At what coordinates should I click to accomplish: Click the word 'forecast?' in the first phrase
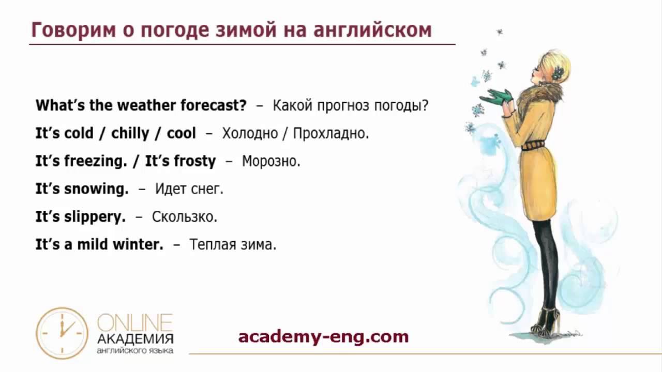(214, 105)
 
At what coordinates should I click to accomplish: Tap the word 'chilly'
(130, 134)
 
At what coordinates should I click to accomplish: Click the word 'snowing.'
(97, 189)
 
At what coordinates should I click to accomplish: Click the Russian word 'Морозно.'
(271, 161)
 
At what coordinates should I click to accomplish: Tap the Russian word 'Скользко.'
(185, 216)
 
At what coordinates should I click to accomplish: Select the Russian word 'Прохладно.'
(331, 133)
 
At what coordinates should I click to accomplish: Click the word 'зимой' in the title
(246, 30)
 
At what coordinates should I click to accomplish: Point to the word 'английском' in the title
(373, 30)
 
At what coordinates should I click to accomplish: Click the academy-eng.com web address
(323, 337)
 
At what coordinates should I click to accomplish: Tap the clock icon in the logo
(62, 333)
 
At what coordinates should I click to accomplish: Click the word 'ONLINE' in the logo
(135, 322)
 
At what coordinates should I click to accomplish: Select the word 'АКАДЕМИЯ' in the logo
(135, 339)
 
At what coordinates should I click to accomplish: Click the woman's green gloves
(497, 97)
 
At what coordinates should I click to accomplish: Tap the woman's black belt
(533, 146)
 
